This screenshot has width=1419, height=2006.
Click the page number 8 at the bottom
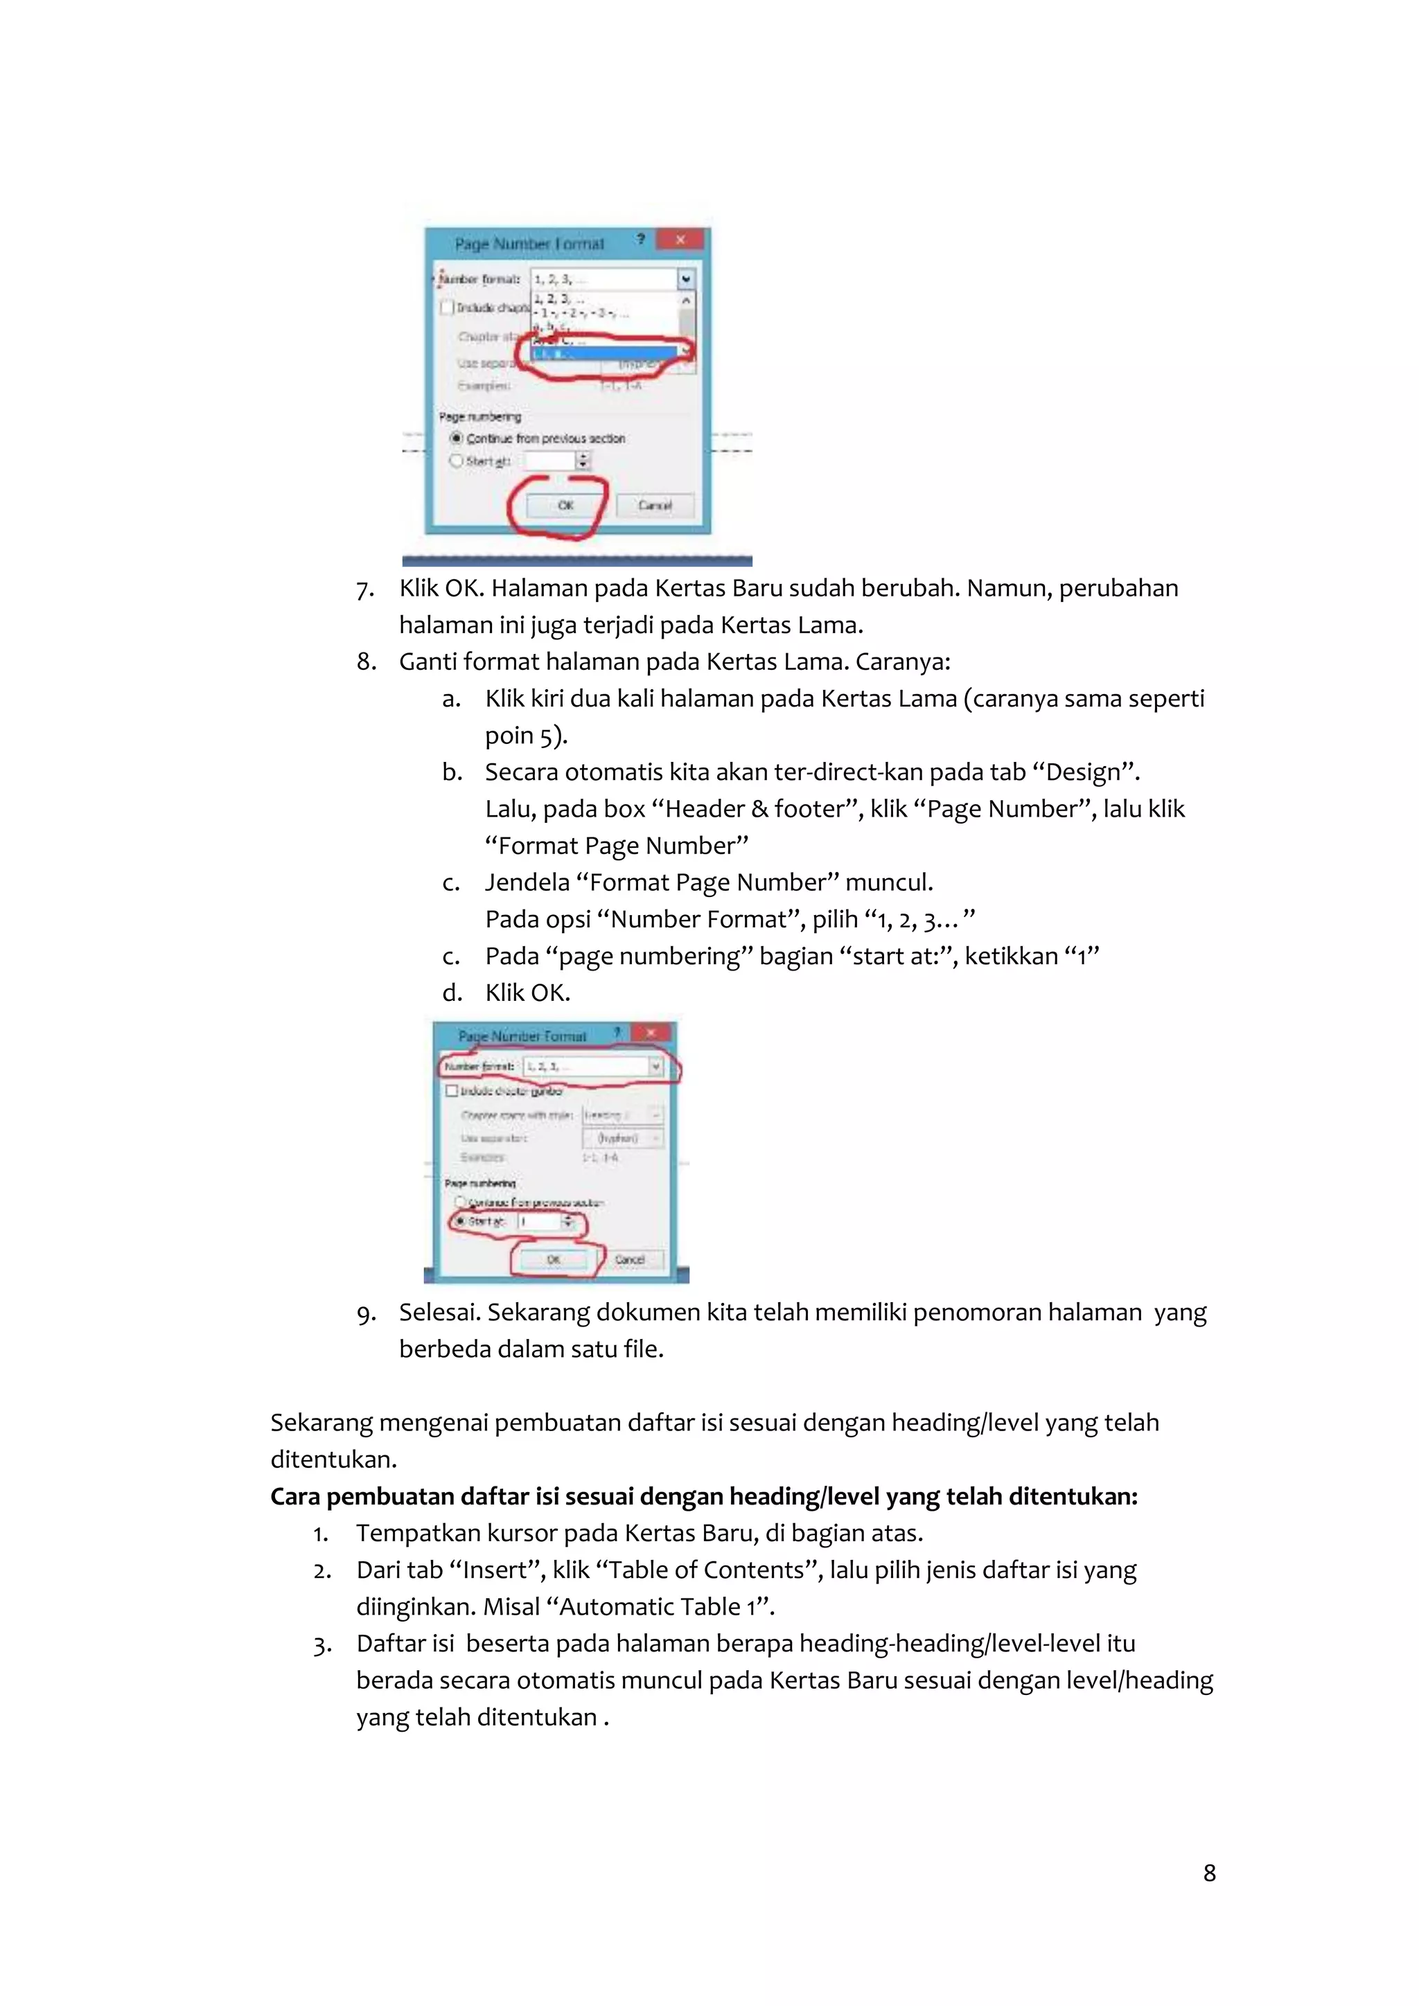click(x=1209, y=1872)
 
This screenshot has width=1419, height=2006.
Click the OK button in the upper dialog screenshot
click(x=565, y=505)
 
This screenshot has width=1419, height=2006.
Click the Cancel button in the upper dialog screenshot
click(x=655, y=505)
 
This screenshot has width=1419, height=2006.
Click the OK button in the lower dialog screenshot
click(x=553, y=1259)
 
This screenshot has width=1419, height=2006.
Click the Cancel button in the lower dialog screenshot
click(x=629, y=1259)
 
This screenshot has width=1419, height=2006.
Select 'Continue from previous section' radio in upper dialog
click(x=456, y=438)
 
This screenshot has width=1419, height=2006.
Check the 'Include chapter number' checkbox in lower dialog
click(x=452, y=1090)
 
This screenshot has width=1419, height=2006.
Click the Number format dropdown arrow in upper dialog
click(x=686, y=278)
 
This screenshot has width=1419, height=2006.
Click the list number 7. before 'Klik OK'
click(x=365, y=589)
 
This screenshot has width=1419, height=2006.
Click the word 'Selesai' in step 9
click(x=439, y=1313)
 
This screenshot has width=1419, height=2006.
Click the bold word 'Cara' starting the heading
click(x=295, y=1497)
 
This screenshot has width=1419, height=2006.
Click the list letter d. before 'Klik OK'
click(x=451, y=993)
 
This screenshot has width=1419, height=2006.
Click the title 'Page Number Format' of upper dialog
click(x=529, y=244)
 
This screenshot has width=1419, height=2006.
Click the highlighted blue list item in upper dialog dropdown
click(x=603, y=354)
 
